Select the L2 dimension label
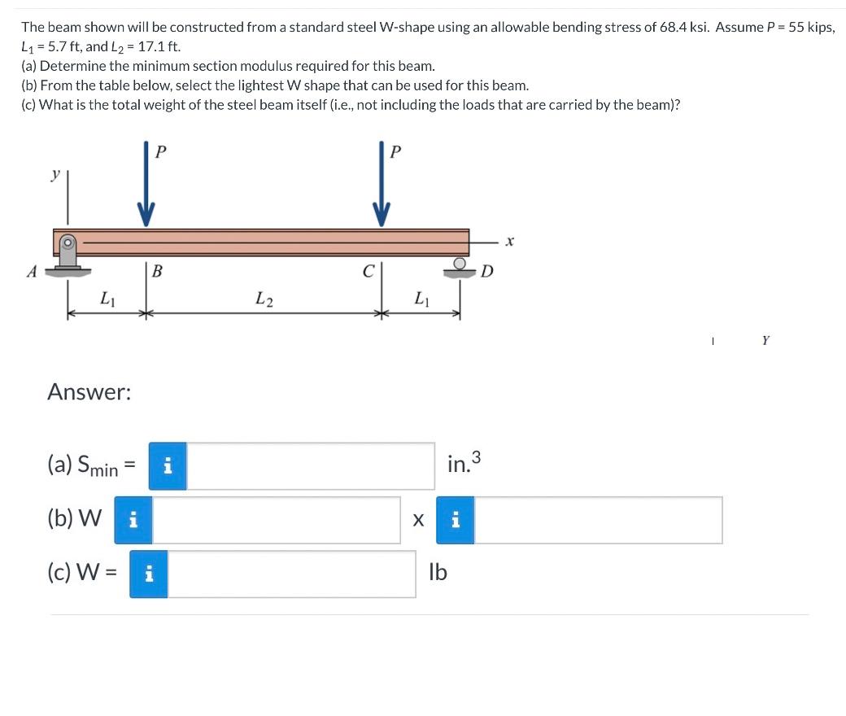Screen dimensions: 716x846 point(264,299)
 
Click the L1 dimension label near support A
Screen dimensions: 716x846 point(107,299)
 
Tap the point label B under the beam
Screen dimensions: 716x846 point(157,272)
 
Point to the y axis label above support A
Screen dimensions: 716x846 point(56,176)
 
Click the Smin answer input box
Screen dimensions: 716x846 point(311,466)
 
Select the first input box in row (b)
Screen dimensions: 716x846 point(277,520)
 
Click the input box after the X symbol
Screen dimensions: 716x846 point(598,520)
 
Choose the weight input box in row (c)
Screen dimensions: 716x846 point(292,574)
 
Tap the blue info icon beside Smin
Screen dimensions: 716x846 point(168,466)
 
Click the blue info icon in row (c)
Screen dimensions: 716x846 point(150,574)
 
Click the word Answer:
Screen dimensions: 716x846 point(89,392)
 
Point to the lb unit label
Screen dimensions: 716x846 point(438,573)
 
